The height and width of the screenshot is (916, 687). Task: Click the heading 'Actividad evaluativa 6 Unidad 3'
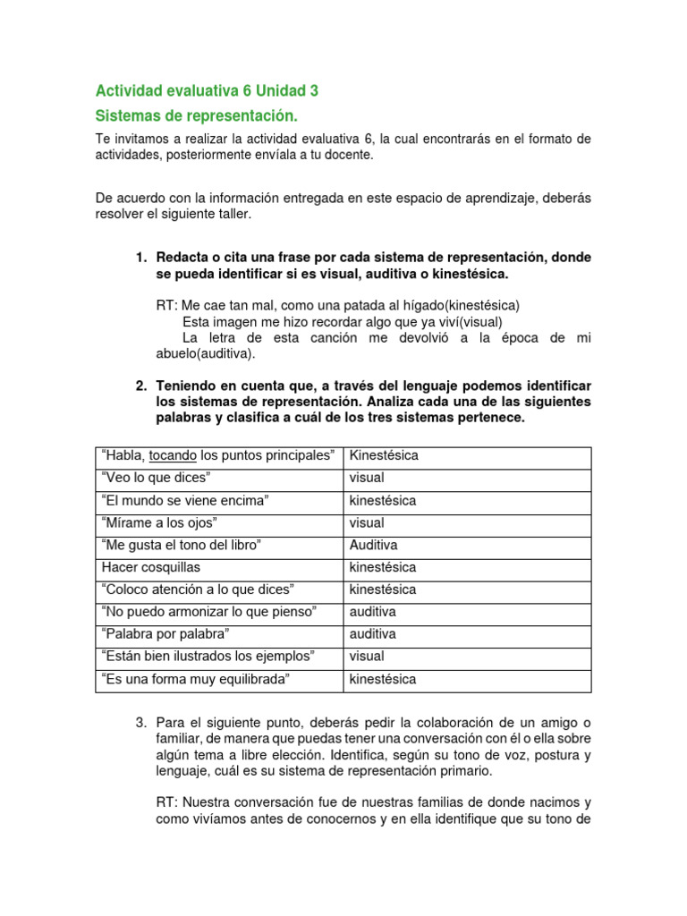(207, 90)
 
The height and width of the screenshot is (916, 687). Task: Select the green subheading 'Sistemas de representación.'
(196, 116)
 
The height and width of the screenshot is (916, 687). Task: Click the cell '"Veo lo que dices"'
(157, 478)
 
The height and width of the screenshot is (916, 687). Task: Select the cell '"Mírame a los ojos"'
(160, 522)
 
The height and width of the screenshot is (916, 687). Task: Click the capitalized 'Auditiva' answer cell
(374, 545)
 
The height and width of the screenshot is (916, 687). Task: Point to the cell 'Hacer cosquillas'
(151, 567)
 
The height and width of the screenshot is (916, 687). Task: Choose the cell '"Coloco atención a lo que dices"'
(199, 589)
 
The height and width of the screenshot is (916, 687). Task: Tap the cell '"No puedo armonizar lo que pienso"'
(210, 612)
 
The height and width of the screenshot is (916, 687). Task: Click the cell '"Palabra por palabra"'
(166, 634)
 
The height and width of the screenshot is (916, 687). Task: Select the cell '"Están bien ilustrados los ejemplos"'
(208, 657)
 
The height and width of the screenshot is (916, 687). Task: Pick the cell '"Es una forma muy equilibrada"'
(197, 679)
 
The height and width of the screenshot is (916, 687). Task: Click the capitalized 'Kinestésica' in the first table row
(384, 455)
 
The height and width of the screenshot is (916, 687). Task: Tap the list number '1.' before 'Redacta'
(141, 258)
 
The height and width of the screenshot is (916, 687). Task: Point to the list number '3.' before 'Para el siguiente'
(141, 722)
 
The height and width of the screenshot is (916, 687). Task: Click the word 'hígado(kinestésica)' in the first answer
(458, 305)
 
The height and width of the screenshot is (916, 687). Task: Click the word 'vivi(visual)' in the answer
(465, 321)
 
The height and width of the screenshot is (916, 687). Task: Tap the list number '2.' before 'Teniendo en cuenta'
(141, 386)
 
